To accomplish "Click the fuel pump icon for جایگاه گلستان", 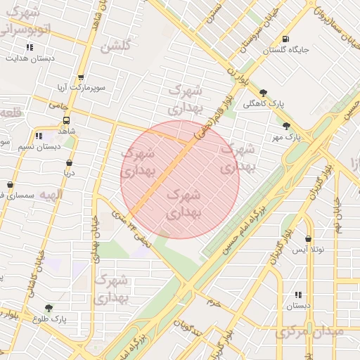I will (284, 39).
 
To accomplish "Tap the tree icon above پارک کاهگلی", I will (263, 92).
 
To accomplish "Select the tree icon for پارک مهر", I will (286, 126).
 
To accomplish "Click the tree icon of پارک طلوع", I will (49, 308).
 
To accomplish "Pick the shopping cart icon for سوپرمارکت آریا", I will (81, 78).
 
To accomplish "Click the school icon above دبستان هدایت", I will (30, 47).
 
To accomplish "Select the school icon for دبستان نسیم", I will (38, 136).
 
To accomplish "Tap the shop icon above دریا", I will (69, 162).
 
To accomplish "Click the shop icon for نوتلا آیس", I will (309, 239).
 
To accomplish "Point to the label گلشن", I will (116, 47).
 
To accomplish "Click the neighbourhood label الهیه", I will (51, 194).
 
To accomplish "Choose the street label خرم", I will (214, 302).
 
